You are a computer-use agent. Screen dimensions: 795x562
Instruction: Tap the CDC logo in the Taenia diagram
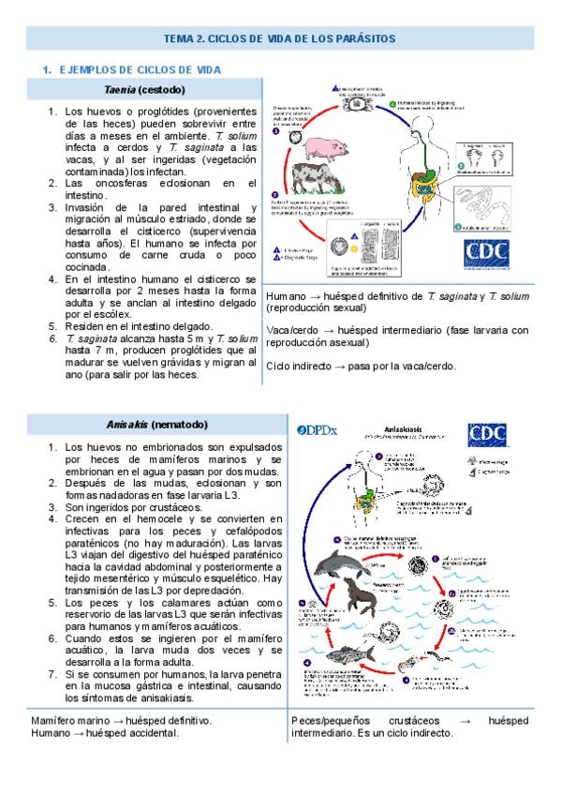click(489, 255)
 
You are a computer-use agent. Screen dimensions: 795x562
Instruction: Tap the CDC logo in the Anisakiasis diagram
click(490, 434)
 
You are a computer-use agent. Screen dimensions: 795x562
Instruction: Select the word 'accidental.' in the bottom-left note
click(147, 733)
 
